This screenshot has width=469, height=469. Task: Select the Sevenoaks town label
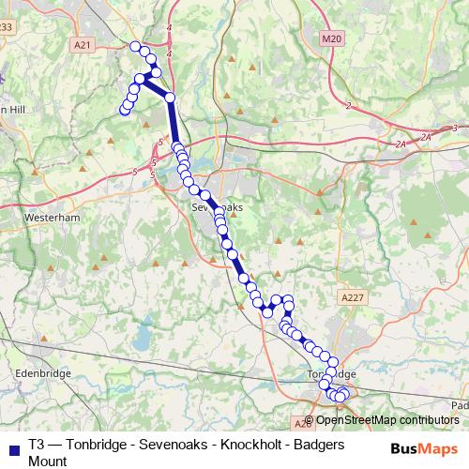click(x=210, y=205)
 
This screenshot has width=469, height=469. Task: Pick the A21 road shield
click(x=83, y=44)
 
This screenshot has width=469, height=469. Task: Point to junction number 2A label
click(x=401, y=144)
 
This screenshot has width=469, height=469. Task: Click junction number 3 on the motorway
click(x=454, y=128)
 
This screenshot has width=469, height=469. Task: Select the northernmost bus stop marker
click(x=135, y=47)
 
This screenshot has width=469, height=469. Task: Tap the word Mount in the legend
click(x=48, y=461)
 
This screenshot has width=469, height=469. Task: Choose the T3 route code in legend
click(x=37, y=445)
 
